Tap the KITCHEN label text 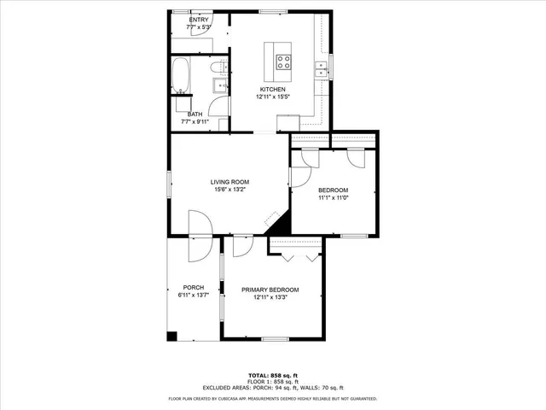(273, 89)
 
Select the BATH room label (195, 114)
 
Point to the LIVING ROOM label (229, 181)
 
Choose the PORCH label (193, 287)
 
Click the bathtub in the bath (182, 77)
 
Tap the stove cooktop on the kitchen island (283, 61)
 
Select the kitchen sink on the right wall (322, 70)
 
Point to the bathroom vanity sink (218, 85)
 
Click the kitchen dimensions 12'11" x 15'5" (273, 97)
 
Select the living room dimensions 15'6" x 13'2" (229, 189)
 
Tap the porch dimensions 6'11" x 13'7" (193, 296)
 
